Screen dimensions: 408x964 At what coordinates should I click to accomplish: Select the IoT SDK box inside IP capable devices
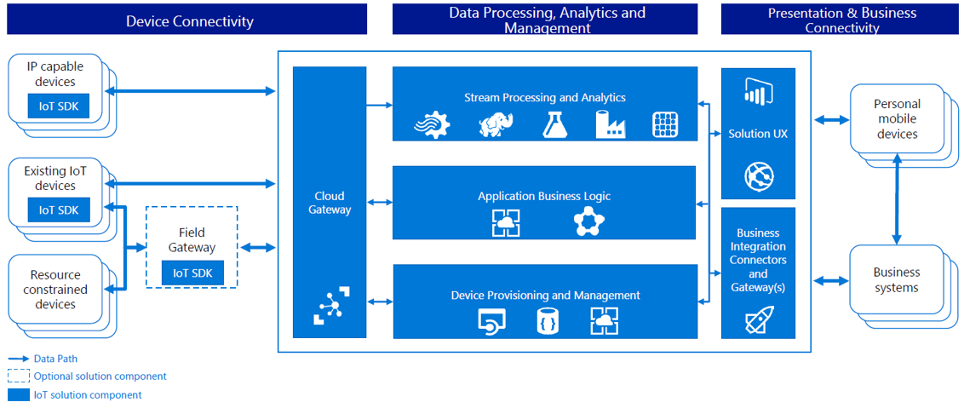[x=58, y=106]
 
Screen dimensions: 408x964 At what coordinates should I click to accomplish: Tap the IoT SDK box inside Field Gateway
[x=192, y=273]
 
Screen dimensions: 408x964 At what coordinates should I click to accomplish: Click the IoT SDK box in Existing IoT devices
[x=58, y=210]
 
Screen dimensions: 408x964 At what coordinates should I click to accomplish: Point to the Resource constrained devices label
[x=55, y=290]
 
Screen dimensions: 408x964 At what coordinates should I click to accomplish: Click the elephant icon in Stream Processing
[x=496, y=124]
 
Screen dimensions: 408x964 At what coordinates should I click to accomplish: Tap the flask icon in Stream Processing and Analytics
[x=554, y=124]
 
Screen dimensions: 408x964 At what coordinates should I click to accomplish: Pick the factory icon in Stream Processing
[x=611, y=124]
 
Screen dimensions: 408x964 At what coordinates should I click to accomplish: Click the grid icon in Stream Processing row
[x=664, y=124]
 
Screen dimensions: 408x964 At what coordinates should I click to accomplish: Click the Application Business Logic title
[x=543, y=196]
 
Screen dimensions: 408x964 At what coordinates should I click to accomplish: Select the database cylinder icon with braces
[x=548, y=321]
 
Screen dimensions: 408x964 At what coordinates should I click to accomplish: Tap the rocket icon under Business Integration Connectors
[x=757, y=320]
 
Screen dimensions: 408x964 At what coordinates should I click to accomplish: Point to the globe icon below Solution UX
[x=757, y=176]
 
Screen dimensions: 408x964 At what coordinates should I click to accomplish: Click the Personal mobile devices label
[x=897, y=119]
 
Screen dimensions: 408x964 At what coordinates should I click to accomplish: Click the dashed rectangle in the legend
[x=18, y=376]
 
